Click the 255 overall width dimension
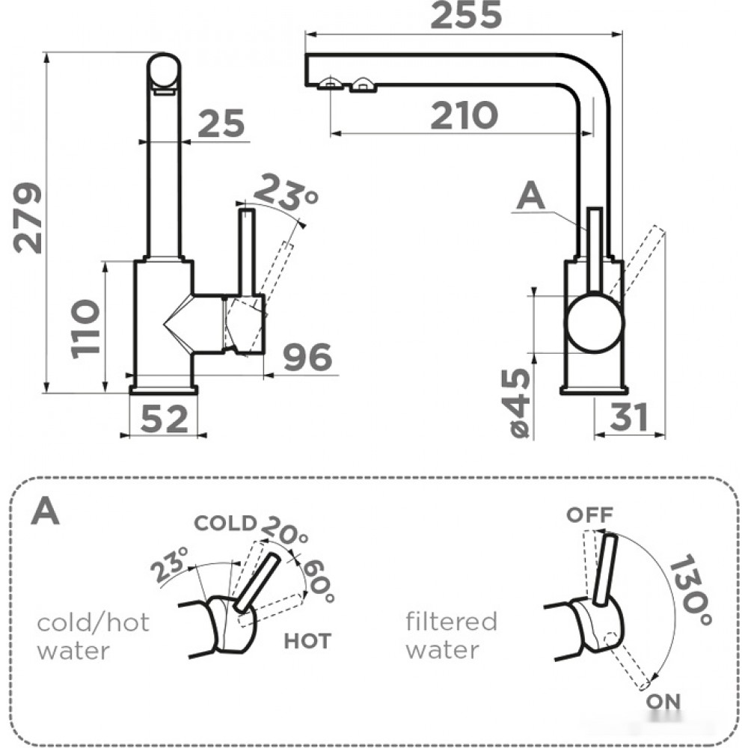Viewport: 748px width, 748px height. [466, 15]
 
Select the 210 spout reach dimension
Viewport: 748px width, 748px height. [465, 115]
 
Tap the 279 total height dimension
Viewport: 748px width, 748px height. [28, 218]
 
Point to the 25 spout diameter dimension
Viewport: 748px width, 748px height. [221, 123]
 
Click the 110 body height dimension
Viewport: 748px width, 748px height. [85, 328]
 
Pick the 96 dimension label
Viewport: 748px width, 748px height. [307, 356]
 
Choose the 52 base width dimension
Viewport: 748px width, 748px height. [165, 419]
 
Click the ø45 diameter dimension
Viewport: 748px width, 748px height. [519, 403]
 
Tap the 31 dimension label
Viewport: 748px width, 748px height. [629, 417]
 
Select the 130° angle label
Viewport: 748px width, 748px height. [691, 590]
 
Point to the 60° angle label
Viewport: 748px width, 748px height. [318, 580]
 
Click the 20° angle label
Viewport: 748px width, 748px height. [284, 530]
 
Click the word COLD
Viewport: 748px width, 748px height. [225, 524]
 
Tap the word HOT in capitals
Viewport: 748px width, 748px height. [307, 642]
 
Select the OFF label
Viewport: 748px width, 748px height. [589, 515]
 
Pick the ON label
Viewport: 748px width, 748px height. [663, 702]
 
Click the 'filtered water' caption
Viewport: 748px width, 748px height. [451, 636]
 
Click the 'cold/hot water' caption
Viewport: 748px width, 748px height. [93, 637]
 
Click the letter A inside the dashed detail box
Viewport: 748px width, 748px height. [46, 510]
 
